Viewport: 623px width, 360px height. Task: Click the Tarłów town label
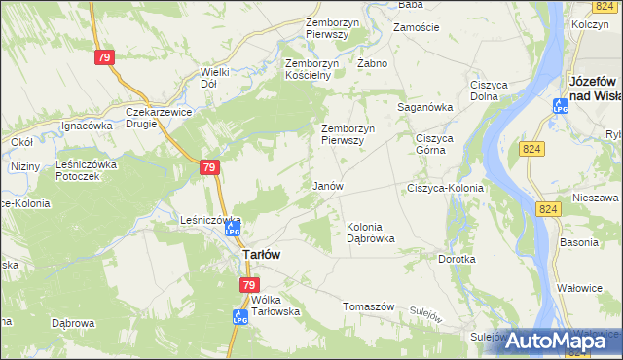point(261,254)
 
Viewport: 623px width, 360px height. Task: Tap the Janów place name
point(326,185)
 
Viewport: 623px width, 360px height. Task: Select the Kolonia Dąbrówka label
point(371,233)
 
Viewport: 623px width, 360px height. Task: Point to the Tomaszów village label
point(368,306)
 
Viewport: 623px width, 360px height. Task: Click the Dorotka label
point(457,260)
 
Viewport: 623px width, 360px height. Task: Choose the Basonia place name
point(578,241)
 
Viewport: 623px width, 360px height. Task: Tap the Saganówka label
point(425,107)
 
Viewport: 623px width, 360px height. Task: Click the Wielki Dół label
point(214,77)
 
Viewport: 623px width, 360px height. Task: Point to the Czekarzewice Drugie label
point(161,118)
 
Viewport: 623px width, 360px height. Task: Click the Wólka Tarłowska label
point(275,306)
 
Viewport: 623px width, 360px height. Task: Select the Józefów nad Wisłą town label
point(596,88)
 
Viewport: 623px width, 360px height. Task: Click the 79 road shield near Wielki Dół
point(105,58)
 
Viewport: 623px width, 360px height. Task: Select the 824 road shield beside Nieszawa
point(547,209)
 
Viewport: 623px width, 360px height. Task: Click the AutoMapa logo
point(558,340)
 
